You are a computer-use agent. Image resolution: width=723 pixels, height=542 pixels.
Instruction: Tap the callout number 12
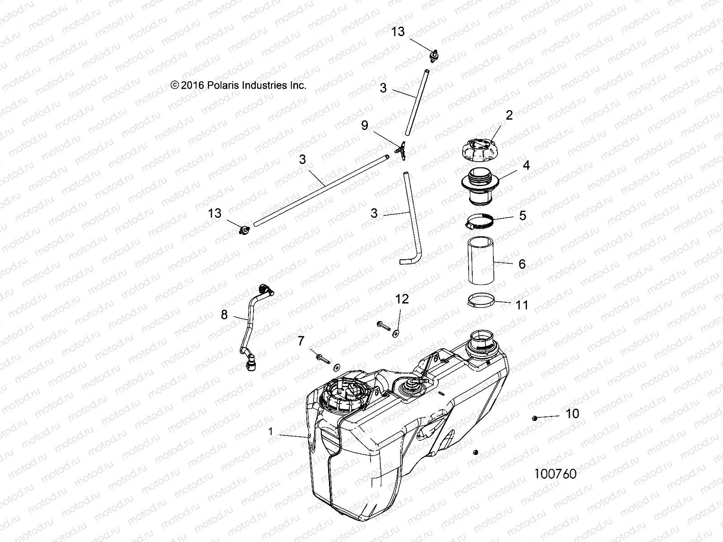click(x=402, y=299)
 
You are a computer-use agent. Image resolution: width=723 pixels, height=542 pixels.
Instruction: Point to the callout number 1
click(x=271, y=431)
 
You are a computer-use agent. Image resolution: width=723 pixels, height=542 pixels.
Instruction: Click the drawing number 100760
click(x=555, y=474)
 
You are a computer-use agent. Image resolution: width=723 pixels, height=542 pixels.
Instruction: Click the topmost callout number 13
click(x=398, y=32)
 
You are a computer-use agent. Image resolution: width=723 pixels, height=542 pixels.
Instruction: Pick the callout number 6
click(x=522, y=264)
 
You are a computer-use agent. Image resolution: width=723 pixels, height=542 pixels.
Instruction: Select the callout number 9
click(x=365, y=125)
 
